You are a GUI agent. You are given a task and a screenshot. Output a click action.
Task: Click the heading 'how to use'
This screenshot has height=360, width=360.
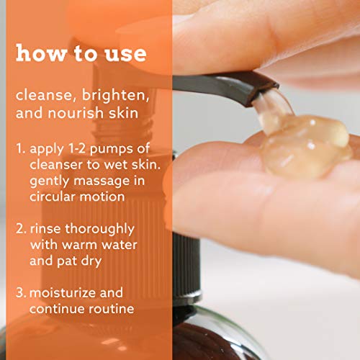pyautogui.click(x=81, y=54)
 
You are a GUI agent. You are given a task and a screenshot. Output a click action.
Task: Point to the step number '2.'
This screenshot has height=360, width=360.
pyautogui.click(x=21, y=228)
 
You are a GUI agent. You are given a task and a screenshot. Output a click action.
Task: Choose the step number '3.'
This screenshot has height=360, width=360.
pyautogui.click(x=21, y=293)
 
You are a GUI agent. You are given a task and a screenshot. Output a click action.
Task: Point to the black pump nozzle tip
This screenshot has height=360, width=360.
pyautogui.click(x=259, y=89)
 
